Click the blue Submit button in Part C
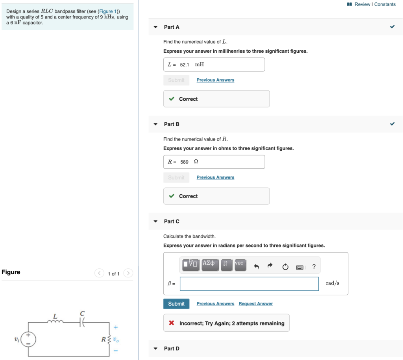coord(176,304)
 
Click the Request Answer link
coord(255,304)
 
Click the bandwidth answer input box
coord(249,284)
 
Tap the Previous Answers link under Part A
coord(215,80)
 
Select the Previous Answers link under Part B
coord(215,177)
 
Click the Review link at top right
coord(362,4)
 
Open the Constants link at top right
coord(385,4)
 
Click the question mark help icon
coord(314,267)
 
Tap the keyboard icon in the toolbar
coord(300,267)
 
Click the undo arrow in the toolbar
coord(257,267)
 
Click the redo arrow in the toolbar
coord(270,266)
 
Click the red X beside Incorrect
coord(172,323)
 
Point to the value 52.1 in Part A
coord(185,65)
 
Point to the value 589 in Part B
coord(184,162)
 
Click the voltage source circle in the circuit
coord(28,339)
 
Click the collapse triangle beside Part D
coord(155,349)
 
